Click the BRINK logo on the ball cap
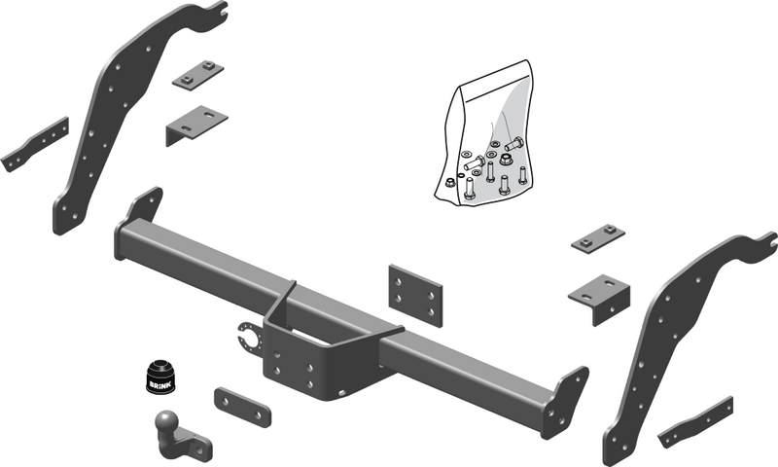click(160, 384)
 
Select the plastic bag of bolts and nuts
click(481, 133)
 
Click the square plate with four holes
click(415, 296)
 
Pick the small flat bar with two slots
click(242, 408)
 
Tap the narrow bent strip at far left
click(35, 144)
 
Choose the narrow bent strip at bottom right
click(695, 422)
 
